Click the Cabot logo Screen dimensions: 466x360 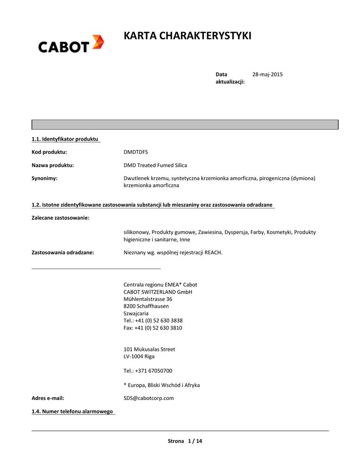click(x=71, y=44)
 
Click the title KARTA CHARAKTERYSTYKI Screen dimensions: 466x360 click(x=188, y=36)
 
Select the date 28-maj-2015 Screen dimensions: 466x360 click(x=268, y=74)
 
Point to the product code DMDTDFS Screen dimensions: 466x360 click(x=136, y=152)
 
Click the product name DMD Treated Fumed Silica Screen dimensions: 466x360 click(x=155, y=165)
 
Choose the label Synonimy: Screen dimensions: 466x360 click(x=44, y=178)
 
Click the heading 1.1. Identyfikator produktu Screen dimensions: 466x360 click(x=65, y=139)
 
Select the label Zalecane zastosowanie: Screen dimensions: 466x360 click(x=60, y=218)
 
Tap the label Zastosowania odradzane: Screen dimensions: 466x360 click(x=62, y=253)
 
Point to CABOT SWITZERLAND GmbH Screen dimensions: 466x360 click(x=158, y=292)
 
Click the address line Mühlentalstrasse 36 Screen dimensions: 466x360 click(x=148, y=299)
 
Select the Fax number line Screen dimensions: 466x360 click(x=153, y=328)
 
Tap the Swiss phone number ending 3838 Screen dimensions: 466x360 click(x=153, y=320)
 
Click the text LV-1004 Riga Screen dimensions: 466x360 click(x=139, y=356)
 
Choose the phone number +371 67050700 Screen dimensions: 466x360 click(x=148, y=370)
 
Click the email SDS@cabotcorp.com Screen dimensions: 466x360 click(x=148, y=398)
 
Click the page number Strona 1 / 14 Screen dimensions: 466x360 click(x=185, y=441)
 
